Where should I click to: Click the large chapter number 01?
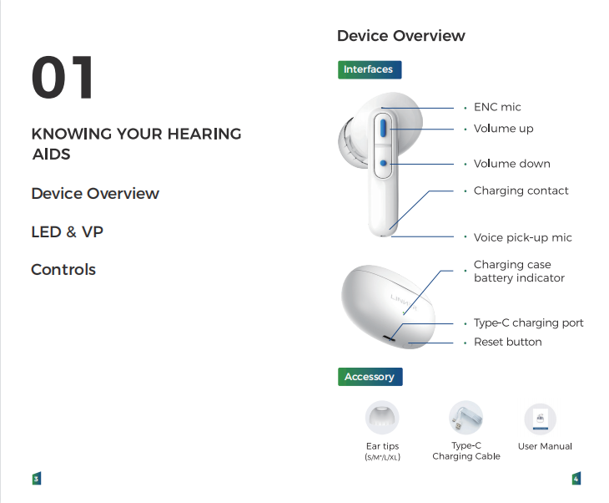tap(63, 77)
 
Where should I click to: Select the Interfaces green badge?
tap(370, 69)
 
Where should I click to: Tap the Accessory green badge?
tap(370, 377)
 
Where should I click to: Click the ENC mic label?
tap(497, 107)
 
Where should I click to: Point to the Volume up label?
tap(503, 129)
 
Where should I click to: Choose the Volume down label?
tap(512, 164)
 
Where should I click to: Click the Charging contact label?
tap(521, 191)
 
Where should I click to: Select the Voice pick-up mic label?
tap(523, 237)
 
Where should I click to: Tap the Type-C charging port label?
tap(529, 323)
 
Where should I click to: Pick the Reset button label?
tap(507, 342)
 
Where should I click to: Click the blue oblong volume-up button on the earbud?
tap(383, 128)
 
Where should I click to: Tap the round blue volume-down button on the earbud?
tap(384, 164)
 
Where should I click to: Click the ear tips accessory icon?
tap(382, 418)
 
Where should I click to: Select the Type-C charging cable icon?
tap(466, 418)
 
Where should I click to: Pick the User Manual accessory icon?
tap(541, 419)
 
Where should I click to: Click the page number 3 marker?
tap(37, 479)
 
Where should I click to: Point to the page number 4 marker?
tap(576, 479)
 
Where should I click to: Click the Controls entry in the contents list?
tap(63, 270)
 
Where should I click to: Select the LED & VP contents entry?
tap(68, 231)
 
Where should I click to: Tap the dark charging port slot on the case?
tap(389, 338)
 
